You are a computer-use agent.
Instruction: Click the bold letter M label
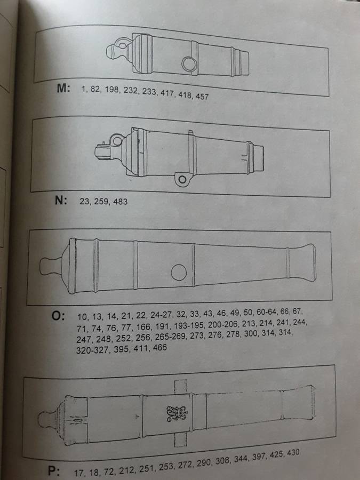point(63,88)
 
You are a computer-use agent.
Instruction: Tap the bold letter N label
point(61,200)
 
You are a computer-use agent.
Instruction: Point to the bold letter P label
point(54,471)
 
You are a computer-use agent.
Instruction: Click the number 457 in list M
point(202,97)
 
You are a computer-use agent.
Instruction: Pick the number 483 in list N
point(121,202)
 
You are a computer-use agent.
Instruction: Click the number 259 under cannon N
point(101,201)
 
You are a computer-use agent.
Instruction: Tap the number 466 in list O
point(159,348)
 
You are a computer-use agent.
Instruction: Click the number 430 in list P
point(293,453)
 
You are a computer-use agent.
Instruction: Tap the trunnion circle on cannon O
point(179,272)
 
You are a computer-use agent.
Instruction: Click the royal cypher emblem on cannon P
point(177,413)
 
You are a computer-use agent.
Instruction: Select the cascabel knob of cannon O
point(51,266)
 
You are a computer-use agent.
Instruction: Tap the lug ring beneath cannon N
point(182,179)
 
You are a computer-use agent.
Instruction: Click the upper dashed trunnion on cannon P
point(181,386)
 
